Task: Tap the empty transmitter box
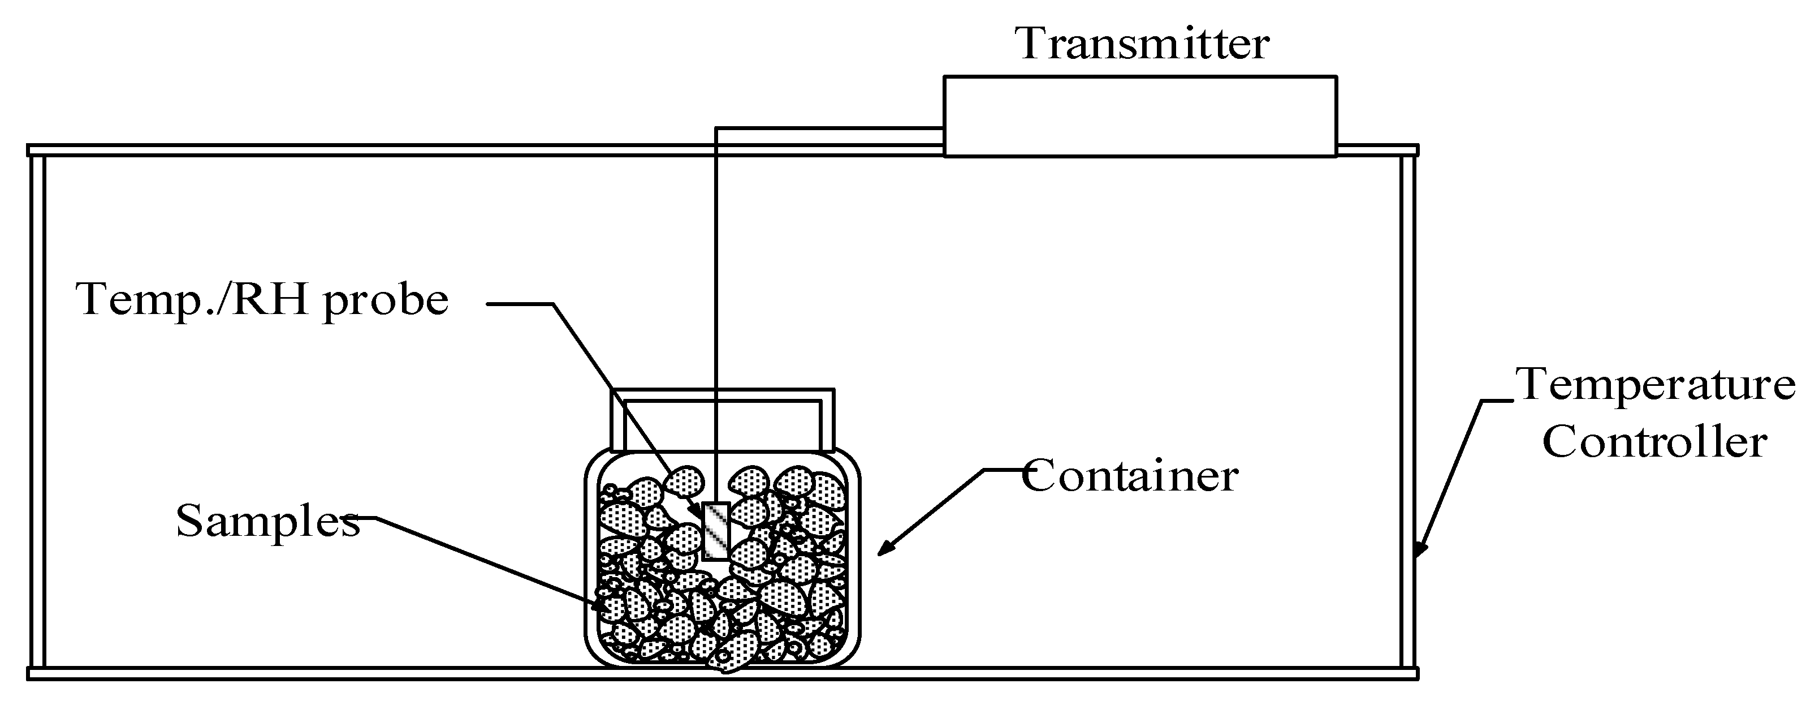point(1140,116)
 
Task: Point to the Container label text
point(1130,475)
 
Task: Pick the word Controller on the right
point(1654,442)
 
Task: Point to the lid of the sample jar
point(721,420)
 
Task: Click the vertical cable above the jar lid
point(716,268)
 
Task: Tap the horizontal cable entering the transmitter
point(829,128)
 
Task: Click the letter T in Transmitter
point(1032,43)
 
